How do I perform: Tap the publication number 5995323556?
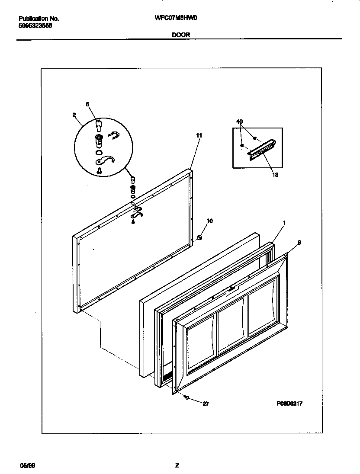coord(35,26)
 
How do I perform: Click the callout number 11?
coord(199,135)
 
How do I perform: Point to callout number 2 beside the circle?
coord(74,115)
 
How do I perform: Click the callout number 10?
coord(209,221)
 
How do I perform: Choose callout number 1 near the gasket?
coord(283,223)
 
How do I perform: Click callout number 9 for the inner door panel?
coord(299,242)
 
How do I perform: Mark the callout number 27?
coord(206,404)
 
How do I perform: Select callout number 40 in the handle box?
coord(240,122)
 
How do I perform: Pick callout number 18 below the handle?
coord(275,175)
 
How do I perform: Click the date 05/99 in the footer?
coord(26,466)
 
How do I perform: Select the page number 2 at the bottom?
coord(177,465)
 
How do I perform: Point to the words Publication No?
coord(39,19)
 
